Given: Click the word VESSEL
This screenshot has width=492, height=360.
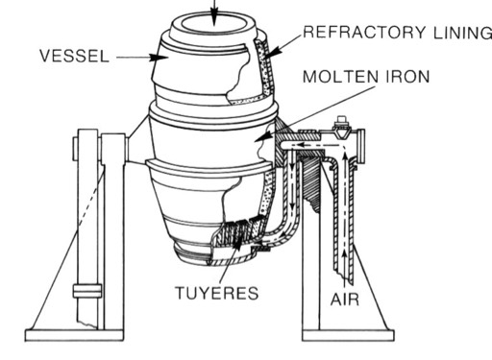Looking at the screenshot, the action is click(74, 56).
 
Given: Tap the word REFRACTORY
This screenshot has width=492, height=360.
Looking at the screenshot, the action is click(364, 32).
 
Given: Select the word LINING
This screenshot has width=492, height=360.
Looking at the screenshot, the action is click(462, 33).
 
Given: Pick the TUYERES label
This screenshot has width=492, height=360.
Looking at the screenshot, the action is click(217, 293).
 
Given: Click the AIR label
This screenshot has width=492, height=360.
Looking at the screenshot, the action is click(345, 300).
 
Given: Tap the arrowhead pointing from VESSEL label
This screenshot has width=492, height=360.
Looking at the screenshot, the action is click(160, 58).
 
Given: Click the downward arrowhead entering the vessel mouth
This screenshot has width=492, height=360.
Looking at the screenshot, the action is click(214, 16).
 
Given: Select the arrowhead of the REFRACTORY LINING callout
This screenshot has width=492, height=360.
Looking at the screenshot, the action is click(273, 52).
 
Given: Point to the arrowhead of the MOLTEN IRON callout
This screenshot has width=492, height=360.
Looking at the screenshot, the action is click(262, 136).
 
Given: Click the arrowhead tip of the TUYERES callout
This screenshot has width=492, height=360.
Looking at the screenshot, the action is click(237, 238).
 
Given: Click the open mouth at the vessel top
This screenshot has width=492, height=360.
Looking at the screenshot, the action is click(214, 25).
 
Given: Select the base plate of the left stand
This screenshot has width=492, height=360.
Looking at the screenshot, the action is click(74, 335).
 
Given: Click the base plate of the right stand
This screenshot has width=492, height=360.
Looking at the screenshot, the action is click(348, 335).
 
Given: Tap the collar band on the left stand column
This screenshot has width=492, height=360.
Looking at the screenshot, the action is click(87, 291).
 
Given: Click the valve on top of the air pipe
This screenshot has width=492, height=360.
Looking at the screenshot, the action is click(341, 127).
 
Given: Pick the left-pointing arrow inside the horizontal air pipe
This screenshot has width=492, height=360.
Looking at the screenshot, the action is click(317, 145).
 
